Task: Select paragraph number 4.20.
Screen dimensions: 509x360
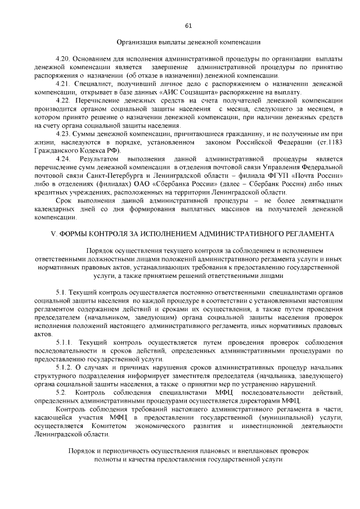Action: (65, 59)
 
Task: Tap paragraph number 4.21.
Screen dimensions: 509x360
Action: (65, 84)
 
